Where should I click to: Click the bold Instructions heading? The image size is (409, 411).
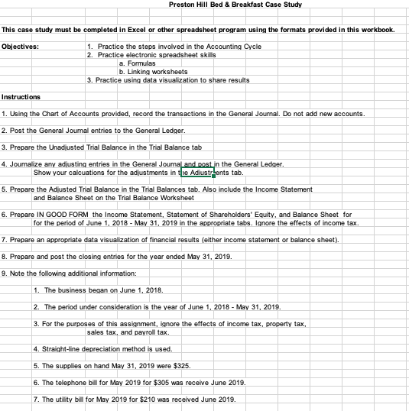[21, 97]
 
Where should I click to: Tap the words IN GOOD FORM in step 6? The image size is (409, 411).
[67, 215]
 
